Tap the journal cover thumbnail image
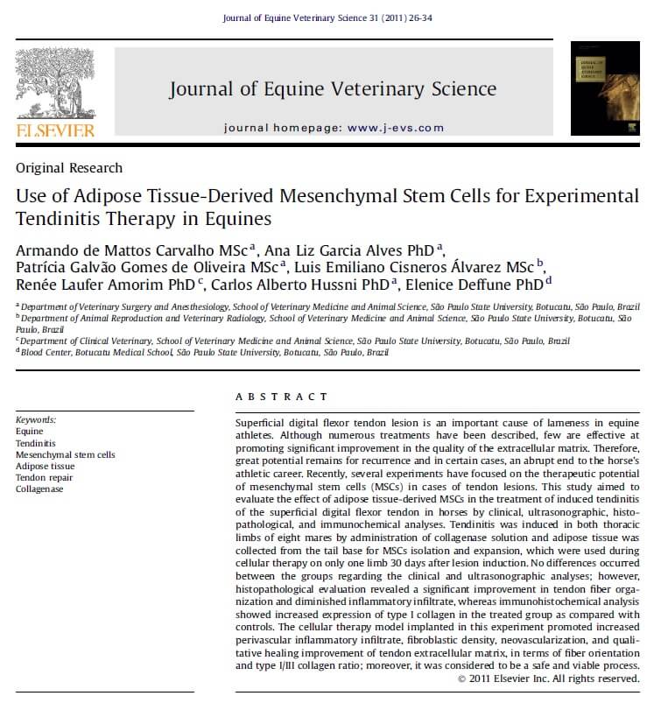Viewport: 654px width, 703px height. pyautogui.click(x=605, y=88)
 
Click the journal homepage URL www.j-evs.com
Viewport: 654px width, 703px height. pyautogui.click(x=396, y=128)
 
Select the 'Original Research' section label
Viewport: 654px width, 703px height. pyautogui.click(x=69, y=168)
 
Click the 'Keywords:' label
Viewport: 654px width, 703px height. pyautogui.click(x=36, y=419)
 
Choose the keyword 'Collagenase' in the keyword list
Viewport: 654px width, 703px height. pyautogui.click(x=40, y=489)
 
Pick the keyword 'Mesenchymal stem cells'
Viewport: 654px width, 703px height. pyautogui.click(x=66, y=454)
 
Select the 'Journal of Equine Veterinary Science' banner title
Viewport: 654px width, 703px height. pyautogui.click(x=333, y=88)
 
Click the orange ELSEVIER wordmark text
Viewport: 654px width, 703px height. pyautogui.click(x=55, y=130)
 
